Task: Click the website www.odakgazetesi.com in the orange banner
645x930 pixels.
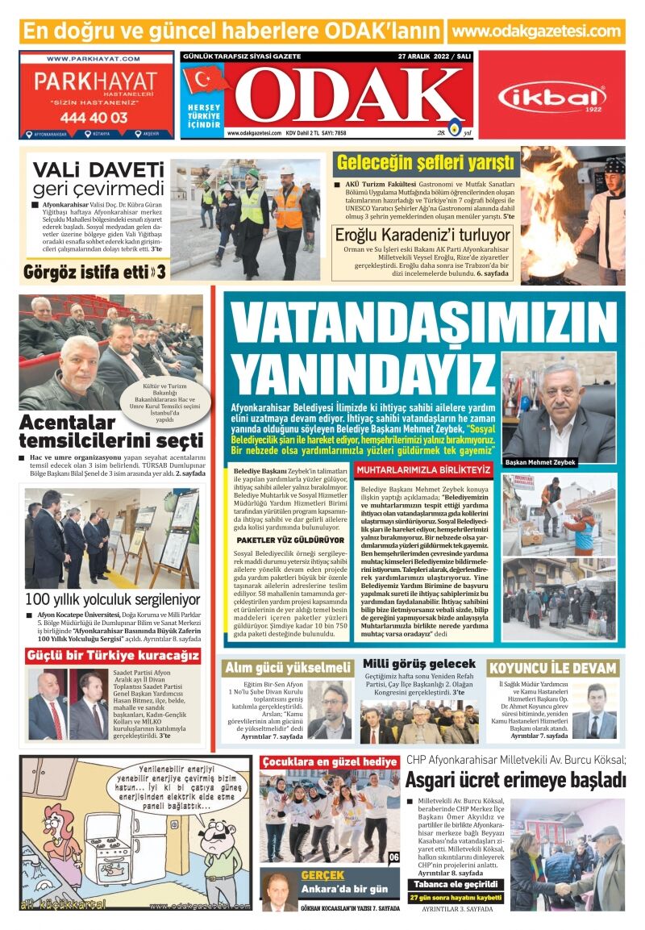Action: (538, 31)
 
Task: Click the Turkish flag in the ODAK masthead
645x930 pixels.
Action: (206, 81)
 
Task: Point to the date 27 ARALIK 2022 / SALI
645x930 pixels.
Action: (434, 56)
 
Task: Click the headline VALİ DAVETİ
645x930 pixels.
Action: (98, 170)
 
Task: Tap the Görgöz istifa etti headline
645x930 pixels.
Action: (95, 271)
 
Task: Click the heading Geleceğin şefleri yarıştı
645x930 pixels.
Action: (425, 163)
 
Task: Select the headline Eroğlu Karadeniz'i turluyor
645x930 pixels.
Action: (423, 235)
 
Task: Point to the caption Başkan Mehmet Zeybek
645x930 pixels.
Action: (540, 463)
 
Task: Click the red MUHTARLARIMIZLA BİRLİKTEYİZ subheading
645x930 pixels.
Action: (423, 469)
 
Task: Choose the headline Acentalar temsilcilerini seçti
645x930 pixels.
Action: (110, 432)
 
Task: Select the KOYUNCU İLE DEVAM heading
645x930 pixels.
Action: (553, 668)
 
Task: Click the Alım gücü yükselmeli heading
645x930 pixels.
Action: (288, 668)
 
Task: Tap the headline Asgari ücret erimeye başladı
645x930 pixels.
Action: (515, 780)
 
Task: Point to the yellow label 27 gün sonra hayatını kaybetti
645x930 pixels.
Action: (456, 897)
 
